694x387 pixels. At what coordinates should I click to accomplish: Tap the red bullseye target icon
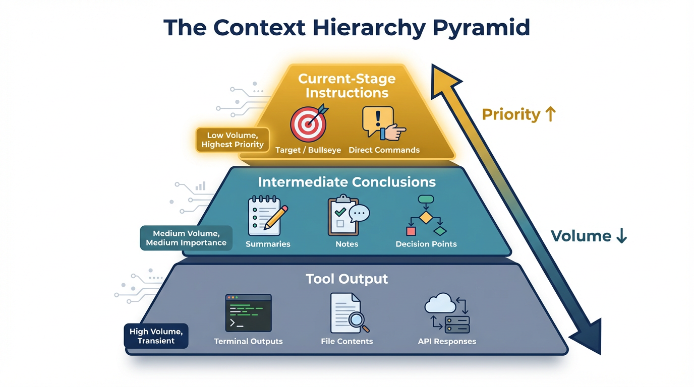point(308,124)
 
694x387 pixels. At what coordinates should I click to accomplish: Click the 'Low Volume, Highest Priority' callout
point(233,140)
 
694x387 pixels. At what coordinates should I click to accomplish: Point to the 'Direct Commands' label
point(384,150)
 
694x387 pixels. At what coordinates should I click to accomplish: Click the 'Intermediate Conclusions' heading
point(346,182)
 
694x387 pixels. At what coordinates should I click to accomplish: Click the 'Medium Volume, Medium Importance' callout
point(186,238)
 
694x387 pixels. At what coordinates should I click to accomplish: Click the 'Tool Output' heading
point(346,279)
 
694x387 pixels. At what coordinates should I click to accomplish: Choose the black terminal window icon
point(248,312)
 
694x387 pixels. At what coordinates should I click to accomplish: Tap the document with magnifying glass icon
point(348,312)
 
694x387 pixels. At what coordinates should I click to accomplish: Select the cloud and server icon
point(447,313)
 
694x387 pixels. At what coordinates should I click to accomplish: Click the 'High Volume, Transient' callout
point(156,336)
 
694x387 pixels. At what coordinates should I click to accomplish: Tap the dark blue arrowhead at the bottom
point(590,335)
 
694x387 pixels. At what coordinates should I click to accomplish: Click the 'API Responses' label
point(447,342)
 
